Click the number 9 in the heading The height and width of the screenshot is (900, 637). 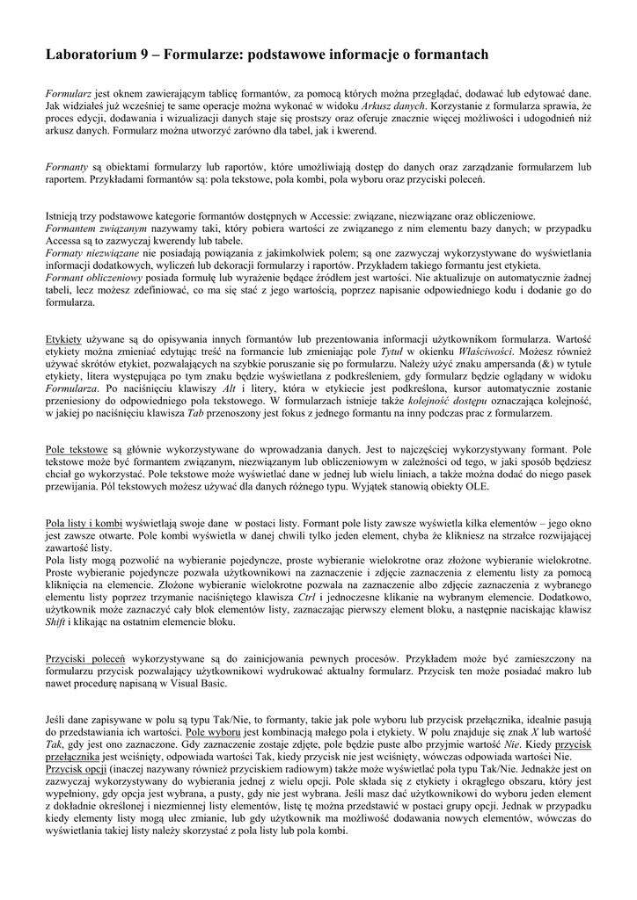(x=144, y=55)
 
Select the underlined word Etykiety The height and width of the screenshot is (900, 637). (x=63, y=338)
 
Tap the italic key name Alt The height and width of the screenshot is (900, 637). (x=230, y=388)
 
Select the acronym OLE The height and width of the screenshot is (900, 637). (x=507, y=486)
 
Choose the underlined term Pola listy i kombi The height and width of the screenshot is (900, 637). (x=84, y=523)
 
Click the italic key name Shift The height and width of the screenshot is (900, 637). (x=56, y=621)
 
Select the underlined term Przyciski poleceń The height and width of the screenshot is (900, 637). (x=85, y=658)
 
